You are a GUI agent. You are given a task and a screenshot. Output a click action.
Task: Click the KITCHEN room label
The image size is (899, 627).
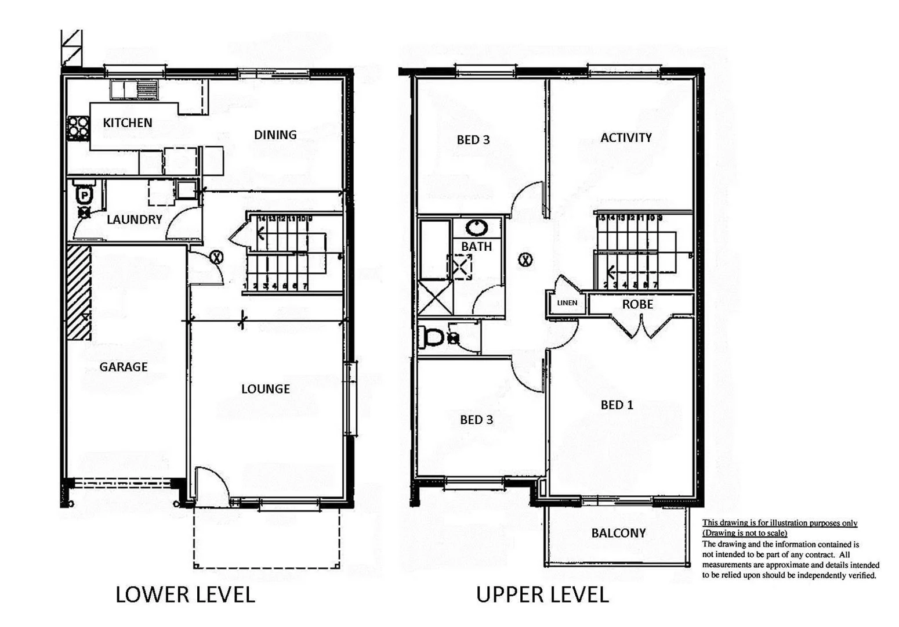[128, 122]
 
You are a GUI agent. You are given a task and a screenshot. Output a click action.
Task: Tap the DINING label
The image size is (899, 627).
[275, 135]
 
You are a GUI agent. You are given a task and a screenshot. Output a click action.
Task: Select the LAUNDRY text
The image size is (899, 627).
[134, 219]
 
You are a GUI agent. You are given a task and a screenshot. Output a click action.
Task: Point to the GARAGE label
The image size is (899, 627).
[123, 367]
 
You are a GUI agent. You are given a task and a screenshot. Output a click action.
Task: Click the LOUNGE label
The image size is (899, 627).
[266, 389]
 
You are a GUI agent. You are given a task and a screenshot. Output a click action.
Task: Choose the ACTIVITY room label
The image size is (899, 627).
[626, 138]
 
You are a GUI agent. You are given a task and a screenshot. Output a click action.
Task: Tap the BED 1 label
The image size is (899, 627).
[617, 405]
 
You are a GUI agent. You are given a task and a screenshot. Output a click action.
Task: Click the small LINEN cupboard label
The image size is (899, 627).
[567, 303]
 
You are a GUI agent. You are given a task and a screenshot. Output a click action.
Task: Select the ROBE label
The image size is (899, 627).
[637, 304]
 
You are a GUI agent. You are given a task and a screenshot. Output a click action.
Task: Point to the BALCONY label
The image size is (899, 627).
[618, 533]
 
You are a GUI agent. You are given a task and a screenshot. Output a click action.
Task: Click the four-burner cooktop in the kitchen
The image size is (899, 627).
[78, 128]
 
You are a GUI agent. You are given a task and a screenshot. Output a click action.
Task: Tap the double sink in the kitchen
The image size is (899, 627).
[130, 89]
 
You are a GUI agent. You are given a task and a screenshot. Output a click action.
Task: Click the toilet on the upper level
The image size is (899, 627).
[434, 337]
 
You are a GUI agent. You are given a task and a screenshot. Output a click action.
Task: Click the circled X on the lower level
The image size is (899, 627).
[216, 257]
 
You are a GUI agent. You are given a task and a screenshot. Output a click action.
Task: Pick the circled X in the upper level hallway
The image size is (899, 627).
[525, 260]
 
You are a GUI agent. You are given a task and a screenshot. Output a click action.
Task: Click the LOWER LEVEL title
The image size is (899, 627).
[185, 594]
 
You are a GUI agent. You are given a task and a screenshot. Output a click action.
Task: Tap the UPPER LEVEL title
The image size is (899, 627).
[542, 594]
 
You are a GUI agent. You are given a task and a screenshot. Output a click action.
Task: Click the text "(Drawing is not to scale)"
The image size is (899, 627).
[745, 533]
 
